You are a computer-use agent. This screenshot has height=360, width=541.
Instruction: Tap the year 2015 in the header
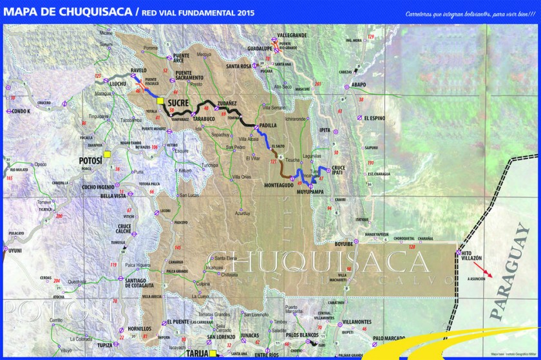click(x=244, y=12)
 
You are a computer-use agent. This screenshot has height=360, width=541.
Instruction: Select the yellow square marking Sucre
click(x=160, y=100)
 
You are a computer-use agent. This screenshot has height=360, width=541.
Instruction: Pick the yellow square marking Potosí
click(x=108, y=154)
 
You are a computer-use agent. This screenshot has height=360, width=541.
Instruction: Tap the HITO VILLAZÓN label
click(x=473, y=256)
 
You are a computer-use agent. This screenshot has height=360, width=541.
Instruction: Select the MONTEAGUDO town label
click(x=280, y=185)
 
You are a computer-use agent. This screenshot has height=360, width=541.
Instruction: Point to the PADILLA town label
click(x=267, y=126)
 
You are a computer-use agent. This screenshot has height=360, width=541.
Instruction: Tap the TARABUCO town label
click(x=204, y=119)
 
